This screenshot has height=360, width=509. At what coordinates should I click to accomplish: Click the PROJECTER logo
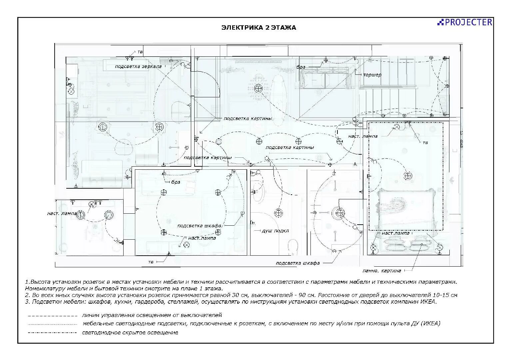[464, 22]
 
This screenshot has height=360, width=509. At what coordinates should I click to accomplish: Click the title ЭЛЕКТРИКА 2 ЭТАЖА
[258, 28]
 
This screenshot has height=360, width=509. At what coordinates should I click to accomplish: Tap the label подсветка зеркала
[138, 66]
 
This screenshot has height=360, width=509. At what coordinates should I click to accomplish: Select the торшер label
[372, 75]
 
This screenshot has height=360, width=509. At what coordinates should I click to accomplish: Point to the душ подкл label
[275, 231]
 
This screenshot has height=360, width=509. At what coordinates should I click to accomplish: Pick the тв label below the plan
[151, 262]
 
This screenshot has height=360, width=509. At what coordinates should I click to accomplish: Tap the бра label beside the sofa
[300, 67]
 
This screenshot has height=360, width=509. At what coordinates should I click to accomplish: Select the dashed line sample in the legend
[53, 316]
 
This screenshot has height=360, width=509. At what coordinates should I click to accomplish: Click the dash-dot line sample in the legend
[53, 333]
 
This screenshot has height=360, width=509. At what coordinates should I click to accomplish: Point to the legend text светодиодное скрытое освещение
[130, 333]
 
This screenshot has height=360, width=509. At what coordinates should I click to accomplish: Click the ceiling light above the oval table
[258, 88]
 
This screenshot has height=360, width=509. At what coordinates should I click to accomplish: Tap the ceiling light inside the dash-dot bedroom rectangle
[408, 176]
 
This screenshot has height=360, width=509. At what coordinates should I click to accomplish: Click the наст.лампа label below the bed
[395, 233]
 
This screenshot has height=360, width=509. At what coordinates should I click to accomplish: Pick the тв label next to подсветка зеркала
[140, 52]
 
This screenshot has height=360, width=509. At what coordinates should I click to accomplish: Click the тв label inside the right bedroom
[425, 143]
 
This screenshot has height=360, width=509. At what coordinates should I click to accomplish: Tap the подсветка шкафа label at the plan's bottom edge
[298, 263]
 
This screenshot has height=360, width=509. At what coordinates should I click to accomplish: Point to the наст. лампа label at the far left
[62, 214]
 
